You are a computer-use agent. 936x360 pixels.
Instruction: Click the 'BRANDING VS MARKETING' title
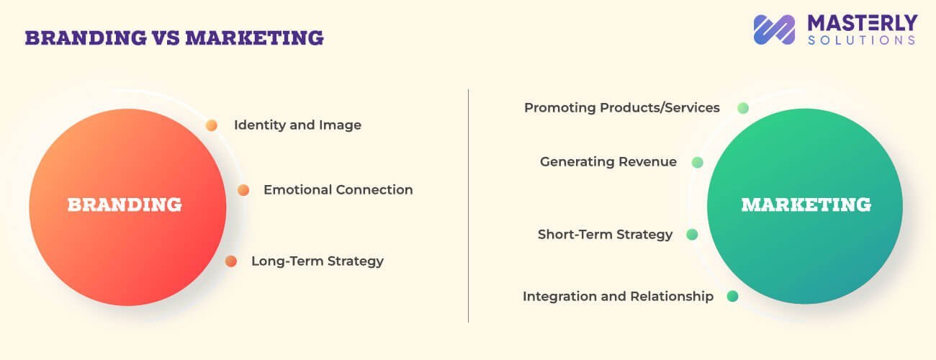tap(174, 37)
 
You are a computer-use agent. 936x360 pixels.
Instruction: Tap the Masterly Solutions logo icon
tap(774, 30)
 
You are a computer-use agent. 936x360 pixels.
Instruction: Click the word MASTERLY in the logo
tap(861, 22)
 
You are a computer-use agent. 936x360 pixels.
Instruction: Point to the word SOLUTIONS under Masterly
tap(861, 41)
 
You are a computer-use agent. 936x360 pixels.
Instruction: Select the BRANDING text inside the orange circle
tap(125, 205)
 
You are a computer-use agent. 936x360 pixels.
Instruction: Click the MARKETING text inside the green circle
tap(806, 205)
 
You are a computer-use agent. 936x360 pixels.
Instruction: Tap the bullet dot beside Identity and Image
tap(211, 125)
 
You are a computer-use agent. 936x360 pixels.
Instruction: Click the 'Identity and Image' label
tap(297, 125)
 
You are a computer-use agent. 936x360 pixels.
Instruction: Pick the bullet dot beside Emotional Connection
tap(243, 190)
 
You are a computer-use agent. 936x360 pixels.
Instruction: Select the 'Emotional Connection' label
tap(338, 190)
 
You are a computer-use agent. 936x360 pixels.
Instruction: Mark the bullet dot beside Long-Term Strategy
tap(231, 261)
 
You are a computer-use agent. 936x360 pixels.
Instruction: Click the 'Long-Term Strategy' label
tap(317, 261)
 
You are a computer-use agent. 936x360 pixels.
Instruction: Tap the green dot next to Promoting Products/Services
tap(743, 108)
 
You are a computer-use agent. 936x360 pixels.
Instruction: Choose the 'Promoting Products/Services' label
tap(621, 108)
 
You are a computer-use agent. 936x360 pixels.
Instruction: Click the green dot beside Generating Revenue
tap(697, 163)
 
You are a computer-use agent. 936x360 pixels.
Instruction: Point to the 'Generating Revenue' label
tap(608, 162)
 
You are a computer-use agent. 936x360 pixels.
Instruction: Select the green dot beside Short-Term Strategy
tap(692, 235)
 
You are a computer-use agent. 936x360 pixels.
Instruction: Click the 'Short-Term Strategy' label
tap(605, 235)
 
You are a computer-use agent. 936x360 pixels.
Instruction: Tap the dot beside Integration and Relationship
tap(732, 296)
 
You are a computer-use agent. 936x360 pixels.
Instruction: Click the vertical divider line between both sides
tap(468, 205)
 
